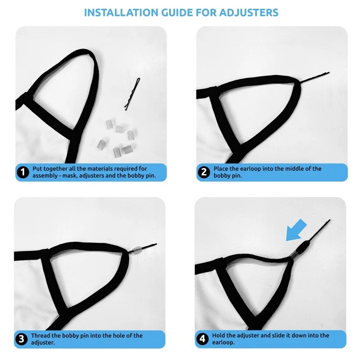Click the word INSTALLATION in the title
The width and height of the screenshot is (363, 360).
(x=121, y=13)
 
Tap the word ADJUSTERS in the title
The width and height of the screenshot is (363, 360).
(x=249, y=13)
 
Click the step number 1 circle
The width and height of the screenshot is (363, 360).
(x=23, y=172)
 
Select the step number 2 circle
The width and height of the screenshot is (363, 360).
(x=204, y=172)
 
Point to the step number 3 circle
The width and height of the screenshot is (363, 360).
(x=21, y=339)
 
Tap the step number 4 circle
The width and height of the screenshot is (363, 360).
(x=203, y=339)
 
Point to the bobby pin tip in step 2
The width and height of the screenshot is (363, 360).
(x=329, y=73)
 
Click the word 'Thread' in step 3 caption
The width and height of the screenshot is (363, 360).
(x=41, y=335)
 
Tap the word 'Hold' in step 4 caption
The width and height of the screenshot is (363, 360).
(x=219, y=335)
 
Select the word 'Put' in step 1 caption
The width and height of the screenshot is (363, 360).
(x=38, y=169)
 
